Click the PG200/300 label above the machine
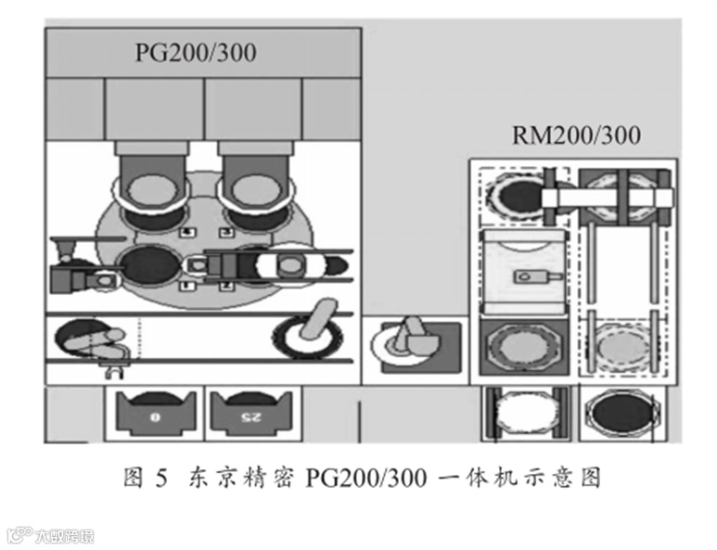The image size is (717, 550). tap(196, 53)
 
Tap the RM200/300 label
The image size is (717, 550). tap(576, 135)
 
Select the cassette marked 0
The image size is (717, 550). tap(153, 413)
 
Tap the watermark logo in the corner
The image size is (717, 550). tap(50, 535)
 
